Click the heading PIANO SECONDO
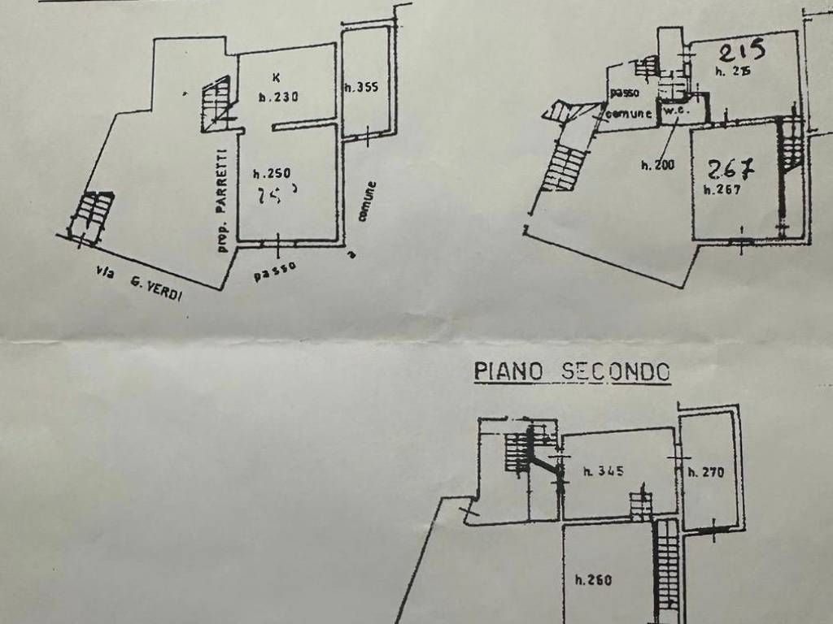573,372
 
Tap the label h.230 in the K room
279,97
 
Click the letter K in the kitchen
277,78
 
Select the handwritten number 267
731,169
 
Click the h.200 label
657,166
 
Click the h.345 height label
604,470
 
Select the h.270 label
705,471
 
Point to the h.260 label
593,580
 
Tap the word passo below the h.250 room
274,271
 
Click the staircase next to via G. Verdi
91,215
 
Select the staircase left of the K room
216,104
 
